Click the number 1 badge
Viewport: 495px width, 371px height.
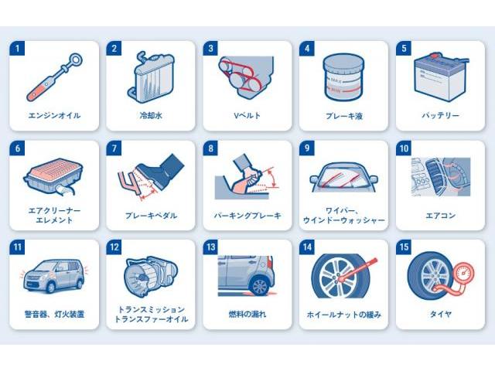[x=17, y=48]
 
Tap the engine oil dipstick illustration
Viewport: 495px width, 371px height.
[x=55, y=77]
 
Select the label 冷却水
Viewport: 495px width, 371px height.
[x=151, y=115]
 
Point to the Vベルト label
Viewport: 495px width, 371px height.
[x=247, y=115]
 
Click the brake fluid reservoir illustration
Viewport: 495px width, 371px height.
[x=343, y=77]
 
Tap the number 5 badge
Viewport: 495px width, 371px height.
[x=404, y=48]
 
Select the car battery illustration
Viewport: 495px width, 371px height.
[x=441, y=77]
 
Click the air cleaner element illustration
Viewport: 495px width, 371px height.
[x=53, y=176]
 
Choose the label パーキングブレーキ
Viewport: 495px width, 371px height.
[x=247, y=216]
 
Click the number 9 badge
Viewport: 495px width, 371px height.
[x=307, y=148]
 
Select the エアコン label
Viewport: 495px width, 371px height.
[x=440, y=216]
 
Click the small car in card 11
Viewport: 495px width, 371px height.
[x=54, y=277]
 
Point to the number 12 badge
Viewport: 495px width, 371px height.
[x=114, y=247]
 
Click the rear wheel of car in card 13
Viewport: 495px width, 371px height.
[x=260, y=286]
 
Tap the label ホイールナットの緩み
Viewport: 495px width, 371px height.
[x=343, y=315]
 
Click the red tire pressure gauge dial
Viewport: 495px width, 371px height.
[x=463, y=273]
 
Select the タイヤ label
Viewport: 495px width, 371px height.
[x=440, y=315]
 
